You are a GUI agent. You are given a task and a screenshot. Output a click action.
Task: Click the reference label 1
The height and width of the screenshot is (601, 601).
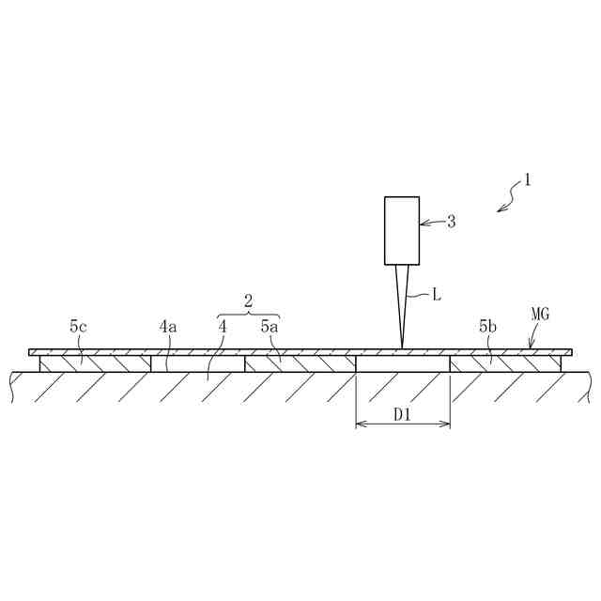tap(528, 178)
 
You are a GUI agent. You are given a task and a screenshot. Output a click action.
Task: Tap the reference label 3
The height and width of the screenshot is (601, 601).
tap(451, 222)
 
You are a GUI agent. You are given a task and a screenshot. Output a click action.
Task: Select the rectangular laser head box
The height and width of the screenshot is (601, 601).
tap(402, 231)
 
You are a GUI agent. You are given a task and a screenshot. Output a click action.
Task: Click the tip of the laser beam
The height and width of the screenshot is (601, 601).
tap(402, 347)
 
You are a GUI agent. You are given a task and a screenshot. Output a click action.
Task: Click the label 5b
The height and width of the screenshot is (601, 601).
tap(486, 327)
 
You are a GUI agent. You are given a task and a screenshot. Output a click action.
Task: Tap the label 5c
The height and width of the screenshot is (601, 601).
tap(79, 327)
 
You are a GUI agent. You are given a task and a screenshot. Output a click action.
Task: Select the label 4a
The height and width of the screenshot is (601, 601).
tap(167, 327)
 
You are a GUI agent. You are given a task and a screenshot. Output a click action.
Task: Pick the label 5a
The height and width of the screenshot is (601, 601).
tap(270, 327)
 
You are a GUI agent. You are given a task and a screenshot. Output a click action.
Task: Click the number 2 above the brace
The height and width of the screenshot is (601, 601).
tap(249, 301)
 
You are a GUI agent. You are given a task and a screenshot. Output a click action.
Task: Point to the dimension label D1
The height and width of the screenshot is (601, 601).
tap(403, 414)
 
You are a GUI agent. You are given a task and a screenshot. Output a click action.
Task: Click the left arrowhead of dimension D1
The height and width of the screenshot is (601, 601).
tap(360, 424)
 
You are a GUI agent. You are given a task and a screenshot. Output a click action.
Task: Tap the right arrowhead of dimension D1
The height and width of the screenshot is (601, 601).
tap(446, 424)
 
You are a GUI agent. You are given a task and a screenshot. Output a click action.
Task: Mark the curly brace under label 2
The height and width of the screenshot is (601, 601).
tap(249, 314)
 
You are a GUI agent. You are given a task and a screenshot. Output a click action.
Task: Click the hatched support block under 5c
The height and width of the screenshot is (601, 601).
tap(95, 362)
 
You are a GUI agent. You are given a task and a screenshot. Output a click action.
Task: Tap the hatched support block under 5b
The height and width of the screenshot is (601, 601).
tap(505, 362)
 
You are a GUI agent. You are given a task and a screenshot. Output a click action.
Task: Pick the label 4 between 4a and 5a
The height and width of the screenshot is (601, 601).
tap(223, 327)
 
